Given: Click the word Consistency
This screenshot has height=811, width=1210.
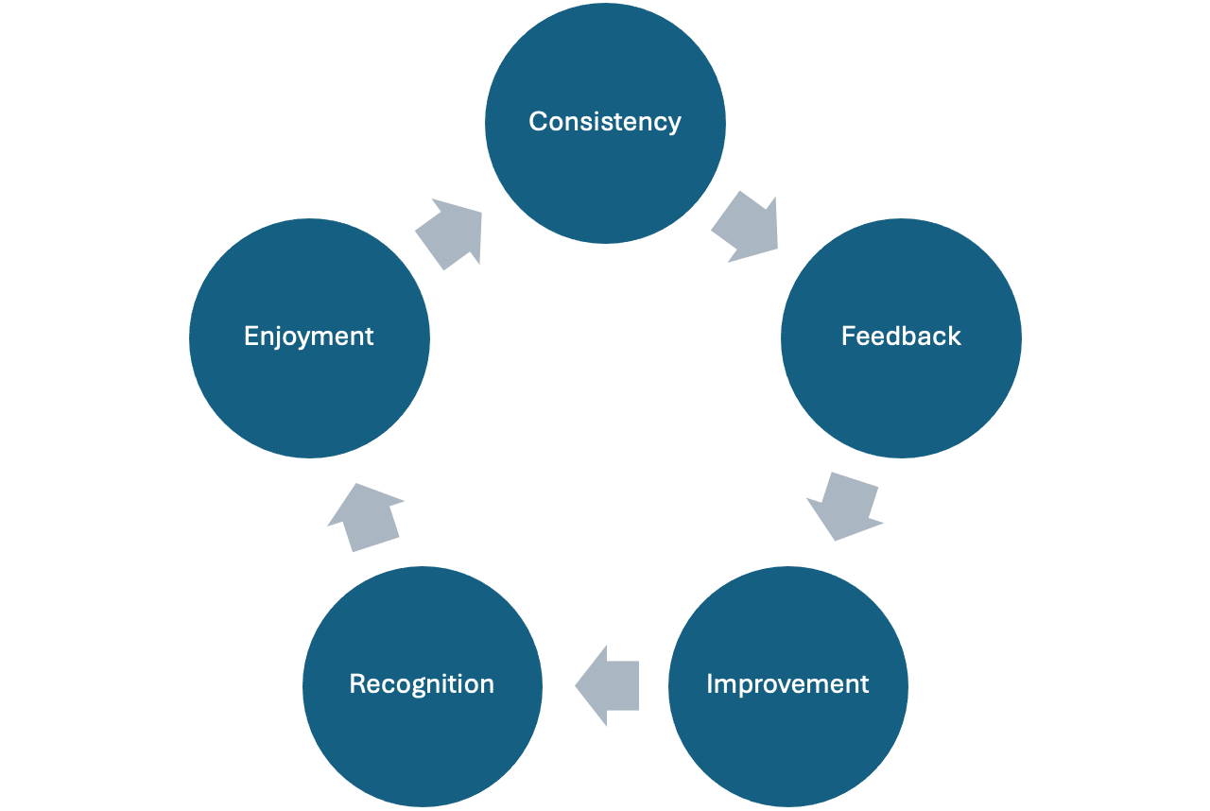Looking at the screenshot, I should (x=605, y=122).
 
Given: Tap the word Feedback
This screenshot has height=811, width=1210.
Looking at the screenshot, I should (x=901, y=336).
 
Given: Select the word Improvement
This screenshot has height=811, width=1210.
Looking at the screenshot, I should (x=787, y=684).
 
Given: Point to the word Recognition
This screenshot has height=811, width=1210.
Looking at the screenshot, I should (x=422, y=684).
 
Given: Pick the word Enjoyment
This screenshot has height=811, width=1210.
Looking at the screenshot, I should (x=309, y=336).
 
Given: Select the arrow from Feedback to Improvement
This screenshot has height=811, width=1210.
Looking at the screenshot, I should (x=843, y=506).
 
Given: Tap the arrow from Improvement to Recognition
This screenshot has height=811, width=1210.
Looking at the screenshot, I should (x=607, y=685).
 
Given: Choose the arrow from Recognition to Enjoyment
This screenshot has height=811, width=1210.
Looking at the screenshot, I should (x=365, y=516).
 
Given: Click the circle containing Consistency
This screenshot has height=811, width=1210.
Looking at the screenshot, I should (x=605, y=180).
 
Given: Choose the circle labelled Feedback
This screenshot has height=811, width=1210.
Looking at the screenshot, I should (x=901, y=397).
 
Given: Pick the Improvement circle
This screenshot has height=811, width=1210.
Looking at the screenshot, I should (x=787, y=747).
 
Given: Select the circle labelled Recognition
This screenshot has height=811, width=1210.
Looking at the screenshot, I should (x=422, y=747).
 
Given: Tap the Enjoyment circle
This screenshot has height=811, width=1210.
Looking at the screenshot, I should (x=309, y=397).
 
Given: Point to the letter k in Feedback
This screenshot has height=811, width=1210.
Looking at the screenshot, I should (x=955, y=336).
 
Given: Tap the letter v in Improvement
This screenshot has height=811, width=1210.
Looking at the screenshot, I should (x=789, y=684).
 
